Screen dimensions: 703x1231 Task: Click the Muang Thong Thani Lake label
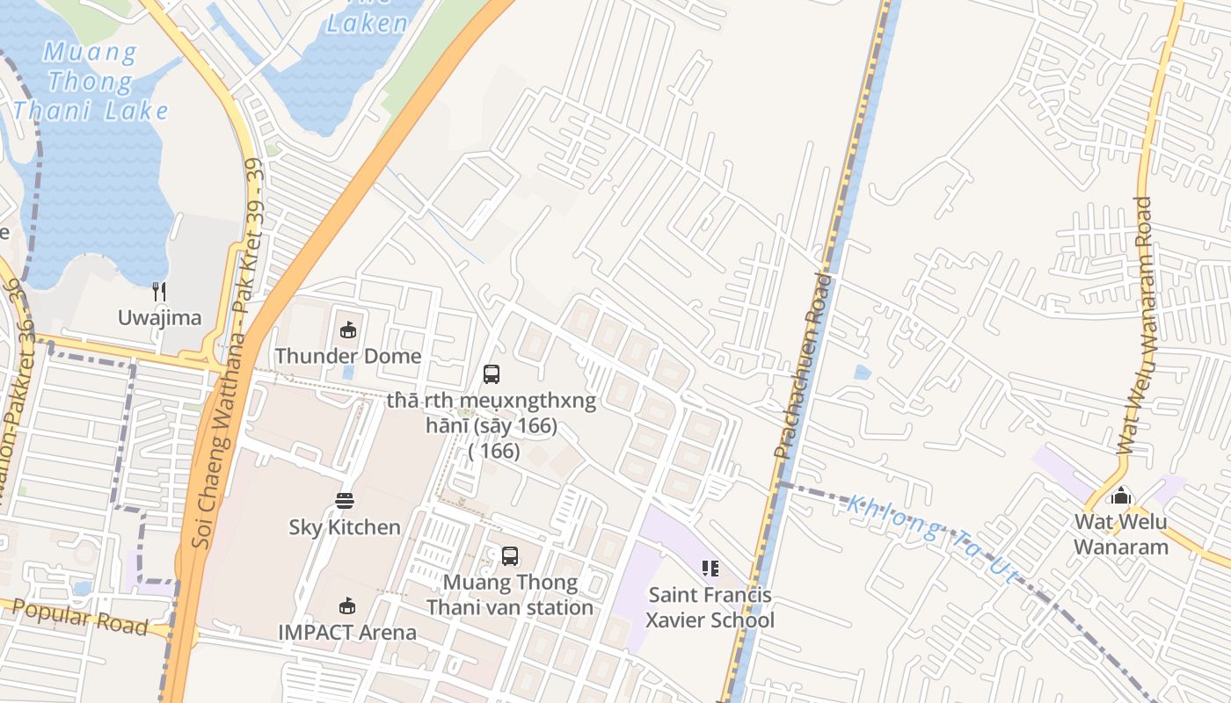pyautogui.click(x=91, y=82)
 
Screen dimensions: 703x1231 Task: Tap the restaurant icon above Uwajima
pyautogui.click(x=159, y=291)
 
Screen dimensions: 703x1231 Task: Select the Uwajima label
pyautogui.click(x=160, y=317)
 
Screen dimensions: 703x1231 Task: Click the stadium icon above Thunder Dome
pyautogui.click(x=348, y=330)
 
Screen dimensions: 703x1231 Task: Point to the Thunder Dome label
pyautogui.click(x=348, y=356)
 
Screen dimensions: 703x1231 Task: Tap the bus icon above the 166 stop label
pyautogui.click(x=492, y=374)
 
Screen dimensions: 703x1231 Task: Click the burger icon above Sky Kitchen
pyautogui.click(x=345, y=501)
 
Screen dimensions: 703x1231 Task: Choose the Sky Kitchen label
pyautogui.click(x=345, y=527)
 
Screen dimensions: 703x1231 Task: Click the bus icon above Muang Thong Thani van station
pyautogui.click(x=510, y=555)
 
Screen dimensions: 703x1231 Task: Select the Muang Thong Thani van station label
pyautogui.click(x=510, y=595)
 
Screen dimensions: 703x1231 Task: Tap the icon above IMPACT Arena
pyautogui.click(x=347, y=605)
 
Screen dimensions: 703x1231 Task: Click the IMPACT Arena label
pyautogui.click(x=347, y=632)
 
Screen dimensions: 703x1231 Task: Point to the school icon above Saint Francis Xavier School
pyautogui.click(x=710, y=569)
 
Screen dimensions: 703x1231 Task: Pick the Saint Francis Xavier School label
pyautogui.click(x=710, y=607)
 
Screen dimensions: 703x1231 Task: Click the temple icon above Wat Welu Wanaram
pyautogui.click(x=1121, y=496)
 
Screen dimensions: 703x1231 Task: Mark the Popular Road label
pyautogui.click(x=80, y=617)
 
